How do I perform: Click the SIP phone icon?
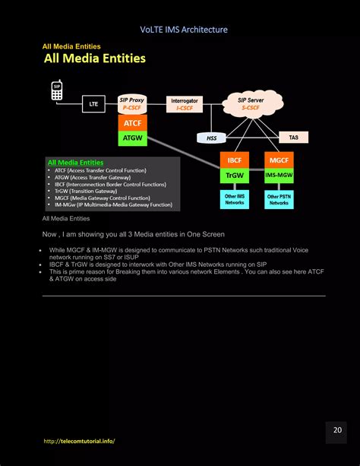[56, 91]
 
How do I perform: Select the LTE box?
[93, 104]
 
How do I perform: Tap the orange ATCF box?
[132, 122]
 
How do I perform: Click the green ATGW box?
[132, 138]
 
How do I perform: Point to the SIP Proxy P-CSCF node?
[132, 103]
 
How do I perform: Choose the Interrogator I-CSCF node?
[184, 104]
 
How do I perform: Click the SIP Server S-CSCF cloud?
[250, 104]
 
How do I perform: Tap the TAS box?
[293, 138]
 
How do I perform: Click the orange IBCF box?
[234, 160]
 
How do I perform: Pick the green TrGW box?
[234, 176]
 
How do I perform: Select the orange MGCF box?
[279, 160]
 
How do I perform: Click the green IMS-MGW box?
[279, 176]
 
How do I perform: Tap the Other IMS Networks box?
[234, 200]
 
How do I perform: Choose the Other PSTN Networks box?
[279, 200]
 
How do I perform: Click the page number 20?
[337, 430]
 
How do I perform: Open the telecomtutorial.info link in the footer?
[80, 441]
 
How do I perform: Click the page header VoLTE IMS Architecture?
[184, 30]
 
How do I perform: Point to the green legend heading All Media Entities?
[75, 162]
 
